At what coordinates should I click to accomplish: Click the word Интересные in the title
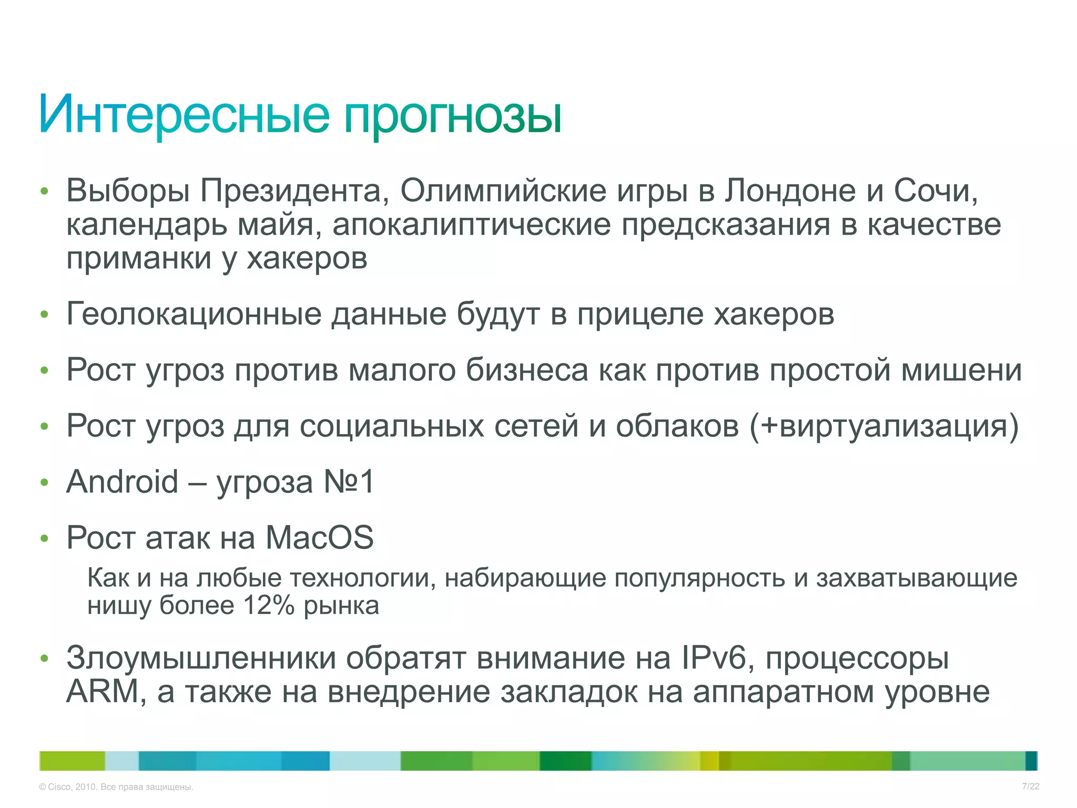coord(184,114)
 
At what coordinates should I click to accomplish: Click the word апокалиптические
coord(471,225)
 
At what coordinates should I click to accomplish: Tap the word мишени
coord(962,370)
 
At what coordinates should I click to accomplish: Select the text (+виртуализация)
coord(884,426)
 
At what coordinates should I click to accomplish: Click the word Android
coord(123,482)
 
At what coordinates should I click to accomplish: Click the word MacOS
coord(319,538)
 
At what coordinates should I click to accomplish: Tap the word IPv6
coord(714,658)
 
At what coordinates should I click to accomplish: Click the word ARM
coord(103,692)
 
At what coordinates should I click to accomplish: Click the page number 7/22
coord(1030,786)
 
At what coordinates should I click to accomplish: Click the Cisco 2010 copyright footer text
coord(116,787)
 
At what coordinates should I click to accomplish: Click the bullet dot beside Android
coord(45,483)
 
